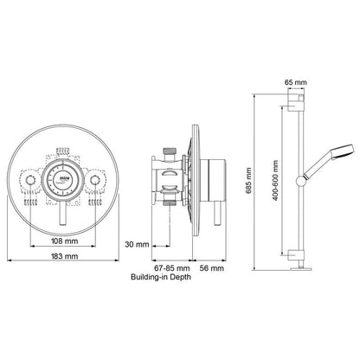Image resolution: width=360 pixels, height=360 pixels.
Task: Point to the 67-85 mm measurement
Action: (x=169, y=269)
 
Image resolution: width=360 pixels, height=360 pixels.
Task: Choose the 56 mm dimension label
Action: (x=211, y=269)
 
